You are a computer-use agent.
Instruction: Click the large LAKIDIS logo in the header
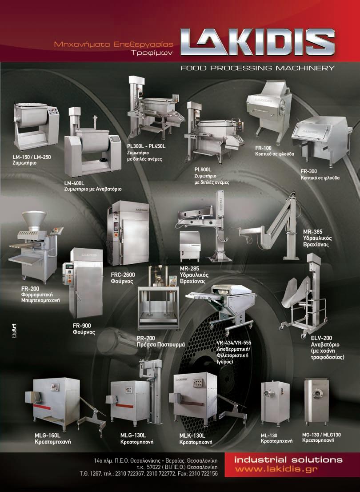tap(258, 42)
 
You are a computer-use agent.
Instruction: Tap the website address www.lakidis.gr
tap(276, 469)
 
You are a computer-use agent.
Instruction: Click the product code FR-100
tap(264, 148)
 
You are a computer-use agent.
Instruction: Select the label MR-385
tap(312, 232)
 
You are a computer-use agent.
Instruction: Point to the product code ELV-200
tap(321, 338)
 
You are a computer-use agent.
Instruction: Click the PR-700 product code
tap(146, 338)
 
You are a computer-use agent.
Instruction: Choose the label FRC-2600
tap(123, 275)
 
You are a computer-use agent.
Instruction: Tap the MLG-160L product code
tap(48, 436)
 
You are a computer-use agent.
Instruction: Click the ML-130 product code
tap(269, 436)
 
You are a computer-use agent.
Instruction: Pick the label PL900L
tap(203, 170)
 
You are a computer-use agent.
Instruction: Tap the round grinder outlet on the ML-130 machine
tap(268, 392)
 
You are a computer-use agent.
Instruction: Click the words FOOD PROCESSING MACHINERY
tap(258, 68)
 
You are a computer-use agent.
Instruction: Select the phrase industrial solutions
tap(288, 460)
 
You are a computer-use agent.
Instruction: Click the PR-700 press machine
tap(159, 298)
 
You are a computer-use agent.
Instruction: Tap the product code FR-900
tap(82, 326)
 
